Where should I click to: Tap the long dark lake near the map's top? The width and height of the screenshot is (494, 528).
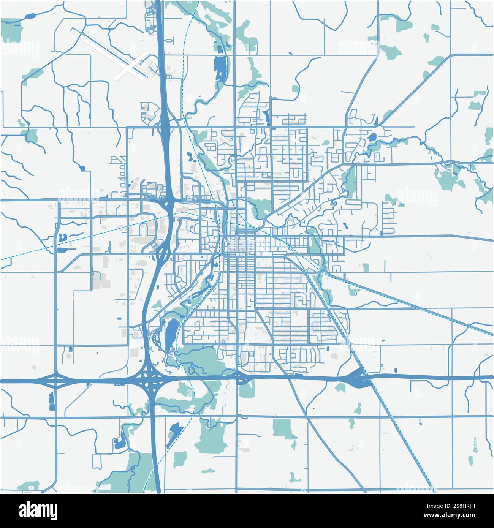click(220, 67)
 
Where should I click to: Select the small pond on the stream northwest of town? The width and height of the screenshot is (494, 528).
click(82, 167)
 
